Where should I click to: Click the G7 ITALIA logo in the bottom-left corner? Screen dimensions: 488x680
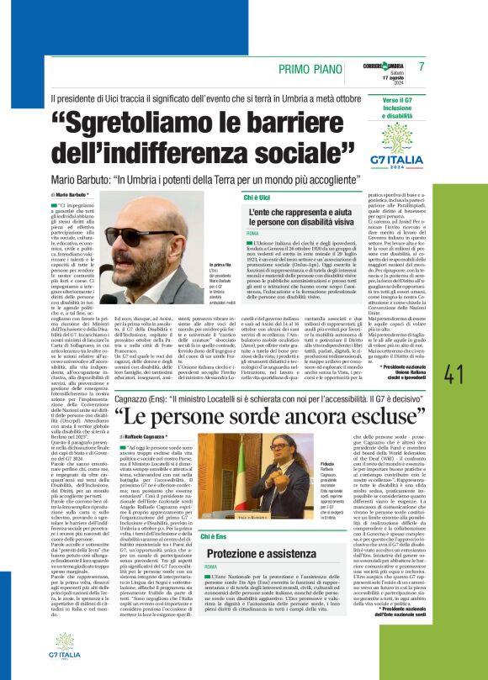[x=29, y=653]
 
